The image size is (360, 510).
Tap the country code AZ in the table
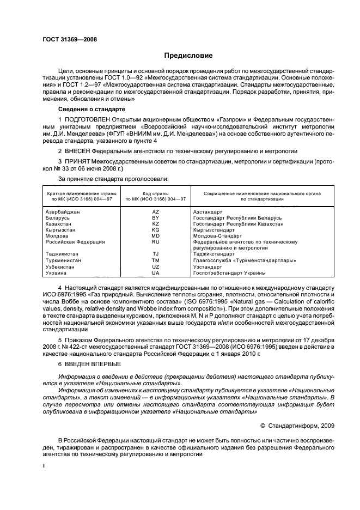pyautogui.click(x=155, y=211)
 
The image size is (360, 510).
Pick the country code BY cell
pyautogui.click(x=155, y=217)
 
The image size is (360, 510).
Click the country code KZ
pyautogui.click(x=155, y=224)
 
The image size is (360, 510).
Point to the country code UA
pyautogui.click(x=155, y=273)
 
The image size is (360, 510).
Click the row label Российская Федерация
pyautogui.click(x=75, y=242)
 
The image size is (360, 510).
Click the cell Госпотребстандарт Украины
pyautogui.click(x=229, y=273)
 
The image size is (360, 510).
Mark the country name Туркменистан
pyautogui.click(x=63, y=260)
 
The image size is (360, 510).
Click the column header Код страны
pyautogui.click(x=155, y=193)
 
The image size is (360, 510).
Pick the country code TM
pyautogui.click(x=155, y=260)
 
